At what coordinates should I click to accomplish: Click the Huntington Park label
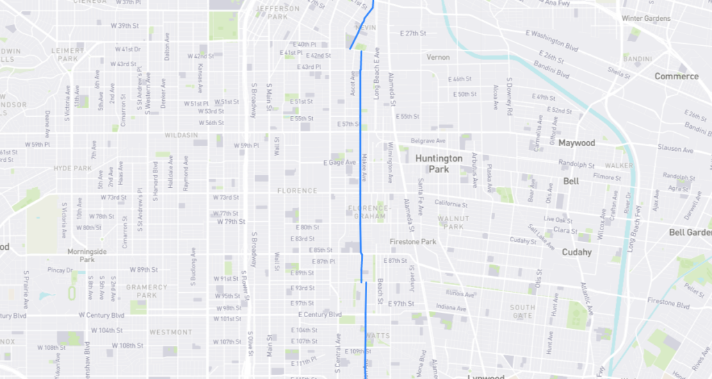point(439,163)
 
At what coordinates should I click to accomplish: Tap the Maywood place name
point(577,143)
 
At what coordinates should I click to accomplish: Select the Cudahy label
point(576,252)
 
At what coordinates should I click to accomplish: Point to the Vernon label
point(438,57)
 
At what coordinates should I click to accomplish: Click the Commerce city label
point(676,76)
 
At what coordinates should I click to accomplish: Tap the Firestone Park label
point(412,242)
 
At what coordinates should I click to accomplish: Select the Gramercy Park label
point(147,291)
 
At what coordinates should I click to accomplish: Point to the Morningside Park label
point(87,255)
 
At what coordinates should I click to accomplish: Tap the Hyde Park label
point(72,168)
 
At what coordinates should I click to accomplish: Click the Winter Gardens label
point(646,18)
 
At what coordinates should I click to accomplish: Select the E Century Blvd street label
point(315,314)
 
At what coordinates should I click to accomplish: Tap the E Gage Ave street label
point(340,163)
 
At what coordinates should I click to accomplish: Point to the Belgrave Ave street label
point(427,140)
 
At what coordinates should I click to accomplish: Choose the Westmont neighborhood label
point(170,332)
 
